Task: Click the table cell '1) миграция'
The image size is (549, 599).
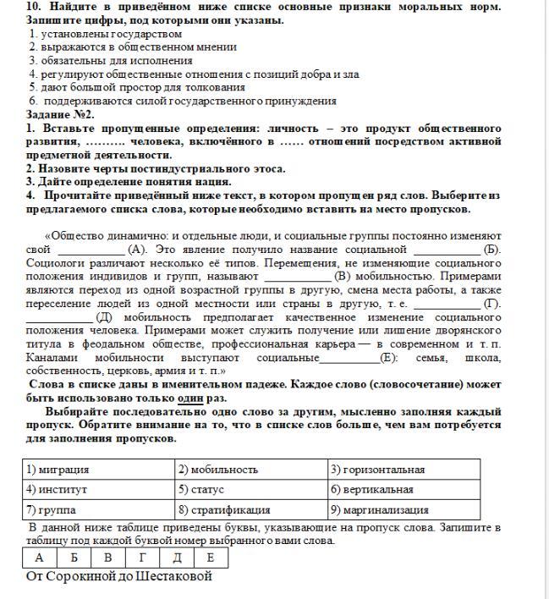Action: coord(99,470)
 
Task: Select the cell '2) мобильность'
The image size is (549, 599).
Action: coord(251,470)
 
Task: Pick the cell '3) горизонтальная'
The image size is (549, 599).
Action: coord(404,470)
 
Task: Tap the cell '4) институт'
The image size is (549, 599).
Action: coord(99,490)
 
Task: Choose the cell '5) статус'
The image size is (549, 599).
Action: coord(251,490)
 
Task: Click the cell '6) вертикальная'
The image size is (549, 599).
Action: coord(404,490)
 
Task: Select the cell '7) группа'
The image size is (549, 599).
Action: coord(99,510)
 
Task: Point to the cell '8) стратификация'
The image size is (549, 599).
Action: coord(251,510)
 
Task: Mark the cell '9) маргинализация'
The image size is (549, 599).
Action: coord(404,510)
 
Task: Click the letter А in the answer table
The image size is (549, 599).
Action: coord(40,558)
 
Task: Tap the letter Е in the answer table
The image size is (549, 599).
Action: coord(211,558)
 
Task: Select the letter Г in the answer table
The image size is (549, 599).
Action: coord(142,558)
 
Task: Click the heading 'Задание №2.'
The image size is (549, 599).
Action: coord(60,113)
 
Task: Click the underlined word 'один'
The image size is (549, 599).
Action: coord(189,398)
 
